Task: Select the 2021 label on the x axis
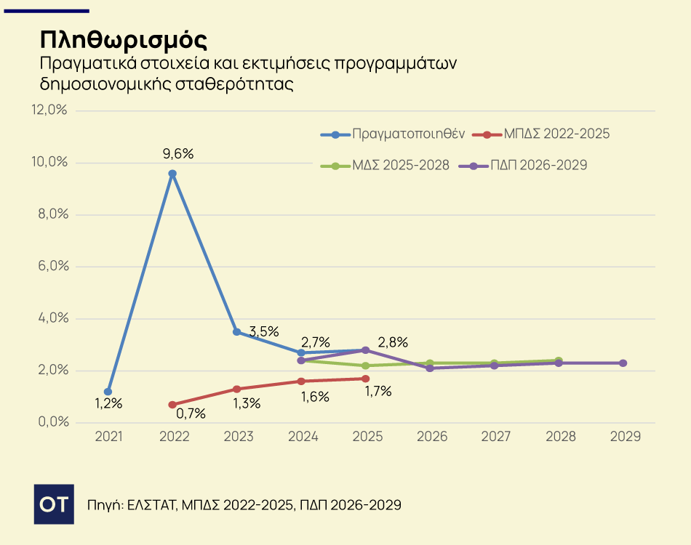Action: [108, 437]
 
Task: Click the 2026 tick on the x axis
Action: [431, 437]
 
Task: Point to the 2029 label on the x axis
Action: [624, 437]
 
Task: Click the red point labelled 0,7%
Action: [172, 405]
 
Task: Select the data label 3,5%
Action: [264, 331]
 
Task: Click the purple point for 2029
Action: [623, 363]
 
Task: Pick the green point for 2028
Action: [559, 360]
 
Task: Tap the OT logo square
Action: [55, 504]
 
